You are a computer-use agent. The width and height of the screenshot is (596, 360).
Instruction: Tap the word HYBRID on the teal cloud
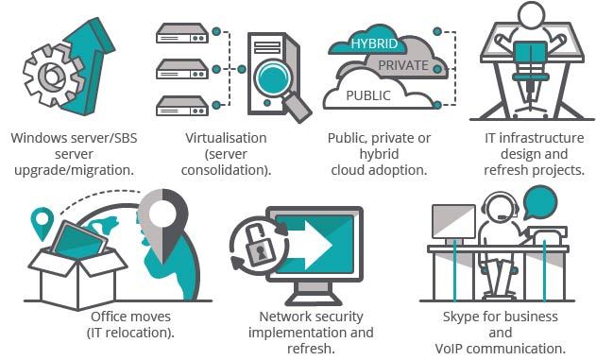pyautogui.click(x=374, y=43)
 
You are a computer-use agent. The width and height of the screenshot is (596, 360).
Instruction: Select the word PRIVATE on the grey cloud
pyautogui.click(x=403, y=65)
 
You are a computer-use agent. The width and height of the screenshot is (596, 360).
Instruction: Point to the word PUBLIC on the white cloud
pyautogui.click(x=368, y=95)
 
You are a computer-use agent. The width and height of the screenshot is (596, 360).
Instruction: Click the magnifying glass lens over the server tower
pyautogui.click(x=273, y=77)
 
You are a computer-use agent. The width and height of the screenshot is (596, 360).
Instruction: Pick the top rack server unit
pyautogui.click(x=182, y=33)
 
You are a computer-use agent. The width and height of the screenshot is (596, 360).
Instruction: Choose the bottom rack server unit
pyautogui.click(x=182, y=106)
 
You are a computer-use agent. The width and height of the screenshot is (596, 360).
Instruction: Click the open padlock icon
pyautogui.click(x=259, y=245)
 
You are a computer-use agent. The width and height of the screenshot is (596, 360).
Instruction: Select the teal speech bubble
pyautogui.click(x=540, y=203)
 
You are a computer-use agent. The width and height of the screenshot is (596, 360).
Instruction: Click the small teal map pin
pyautogui.click(x=42, y=223)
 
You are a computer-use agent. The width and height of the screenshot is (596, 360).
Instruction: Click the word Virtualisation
pyautogui.click(x=226, y=138)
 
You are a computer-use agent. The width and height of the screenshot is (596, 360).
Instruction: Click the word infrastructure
pyautogui.click(x=541, y=138)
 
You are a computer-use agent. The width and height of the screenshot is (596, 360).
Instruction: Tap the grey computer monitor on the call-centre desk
pyautogui.click(x=453, y=222)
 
